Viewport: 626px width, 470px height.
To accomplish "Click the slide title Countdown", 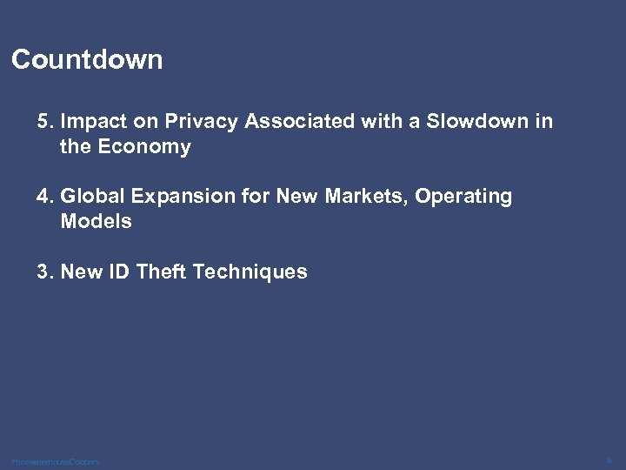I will click(87, 60).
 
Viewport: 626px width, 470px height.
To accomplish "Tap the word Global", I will click(91, 197).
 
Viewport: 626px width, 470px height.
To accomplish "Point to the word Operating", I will click(463, 198).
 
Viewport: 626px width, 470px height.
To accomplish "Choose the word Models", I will click(96, 221).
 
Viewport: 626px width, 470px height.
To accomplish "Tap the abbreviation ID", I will click(120, 272).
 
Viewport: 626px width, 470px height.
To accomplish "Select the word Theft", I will click(163, 272).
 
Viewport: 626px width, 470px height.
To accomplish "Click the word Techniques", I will click(250, 272).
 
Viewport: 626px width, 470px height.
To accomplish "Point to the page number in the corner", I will click(609, 459).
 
